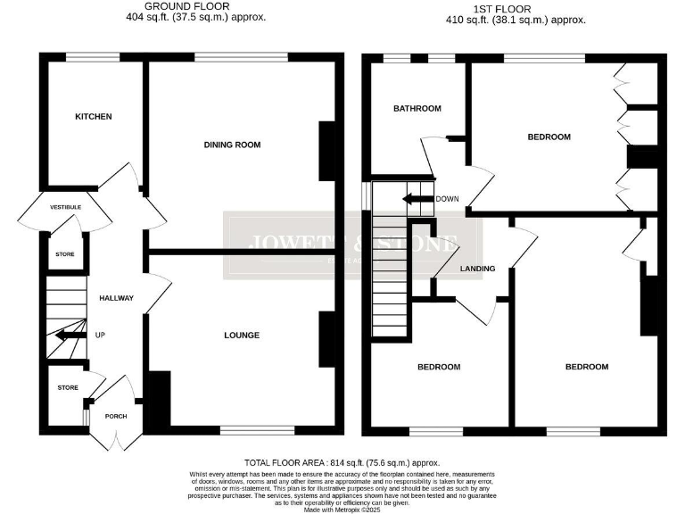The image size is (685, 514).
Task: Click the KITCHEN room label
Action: pos(94,117)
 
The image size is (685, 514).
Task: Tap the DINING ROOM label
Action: pos(232,145)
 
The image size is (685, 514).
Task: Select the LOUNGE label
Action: pos(242,336)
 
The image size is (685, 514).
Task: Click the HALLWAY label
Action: pos(116,298)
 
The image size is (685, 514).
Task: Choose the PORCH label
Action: pos(116,416)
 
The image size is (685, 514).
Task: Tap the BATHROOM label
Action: pos(417,109)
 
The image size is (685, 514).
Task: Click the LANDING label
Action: pos(477,269)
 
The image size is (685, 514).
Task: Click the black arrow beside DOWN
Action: pos(417,199)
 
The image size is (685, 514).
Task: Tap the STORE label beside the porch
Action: pos(68,388)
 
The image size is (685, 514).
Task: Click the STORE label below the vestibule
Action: pos(65,255)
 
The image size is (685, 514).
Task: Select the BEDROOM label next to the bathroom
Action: pos(549,137)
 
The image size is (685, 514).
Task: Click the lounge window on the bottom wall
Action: pos(244,430)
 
